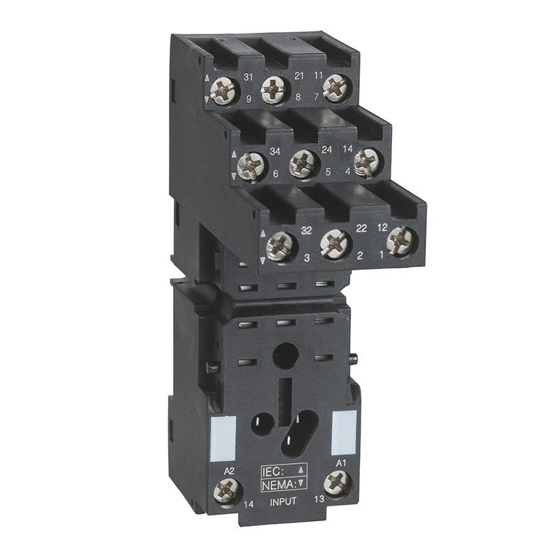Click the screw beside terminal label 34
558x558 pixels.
click(x=252, y=165)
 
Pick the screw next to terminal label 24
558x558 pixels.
click(x=303, y=163)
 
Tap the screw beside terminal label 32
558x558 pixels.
click(x=280, y=245)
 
